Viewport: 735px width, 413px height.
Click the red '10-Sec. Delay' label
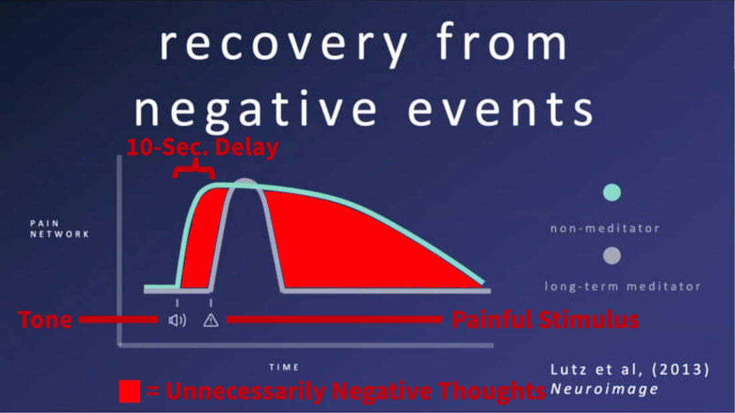[203, 147]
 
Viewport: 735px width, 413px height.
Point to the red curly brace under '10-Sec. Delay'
[194, 171]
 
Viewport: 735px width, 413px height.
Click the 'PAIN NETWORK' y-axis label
[59, 228]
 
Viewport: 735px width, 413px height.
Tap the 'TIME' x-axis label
[285, 367]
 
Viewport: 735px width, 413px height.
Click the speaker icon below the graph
[177, 320]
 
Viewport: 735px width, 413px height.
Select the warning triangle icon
[211, 320]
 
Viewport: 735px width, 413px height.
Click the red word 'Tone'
[45, 320]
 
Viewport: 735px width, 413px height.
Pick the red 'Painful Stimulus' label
[546, 320]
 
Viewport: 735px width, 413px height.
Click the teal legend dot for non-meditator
[611, 193]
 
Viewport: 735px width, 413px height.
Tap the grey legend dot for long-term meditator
[611, 255]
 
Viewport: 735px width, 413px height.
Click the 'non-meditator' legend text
[604, 228]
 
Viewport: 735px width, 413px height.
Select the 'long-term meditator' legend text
[622, 286]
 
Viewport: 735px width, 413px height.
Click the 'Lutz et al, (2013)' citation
[630, 369]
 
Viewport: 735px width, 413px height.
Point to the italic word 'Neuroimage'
[604, 389]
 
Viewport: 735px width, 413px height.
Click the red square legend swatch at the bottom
[129, 391]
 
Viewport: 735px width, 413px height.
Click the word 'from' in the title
[501, 45]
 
